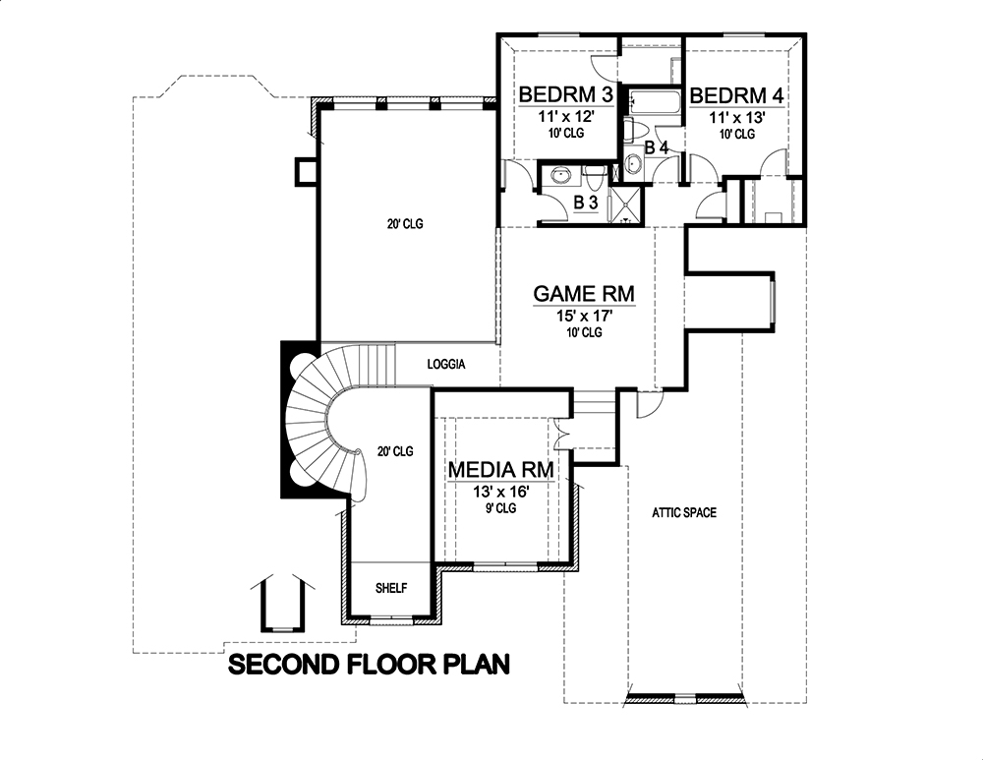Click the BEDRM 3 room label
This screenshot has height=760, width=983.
point(565,95)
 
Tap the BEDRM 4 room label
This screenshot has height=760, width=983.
point(736,95)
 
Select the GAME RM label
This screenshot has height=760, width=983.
point(582,294)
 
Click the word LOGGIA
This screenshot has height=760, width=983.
point(445,365)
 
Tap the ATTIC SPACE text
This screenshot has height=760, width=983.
point(684,512)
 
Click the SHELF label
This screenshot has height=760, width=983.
point(390,588)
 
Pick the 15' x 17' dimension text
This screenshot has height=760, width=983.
point(582,316)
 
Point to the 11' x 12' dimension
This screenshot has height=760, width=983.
point(565,116)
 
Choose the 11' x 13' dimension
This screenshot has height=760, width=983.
point(736,116)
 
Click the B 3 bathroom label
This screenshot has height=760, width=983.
point(586,202)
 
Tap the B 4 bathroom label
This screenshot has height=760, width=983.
point(656,148)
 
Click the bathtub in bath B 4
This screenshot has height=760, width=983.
point(654,101)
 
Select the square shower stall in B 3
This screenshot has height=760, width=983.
point(623,205)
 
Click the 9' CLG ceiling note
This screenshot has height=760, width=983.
point(499,508)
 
